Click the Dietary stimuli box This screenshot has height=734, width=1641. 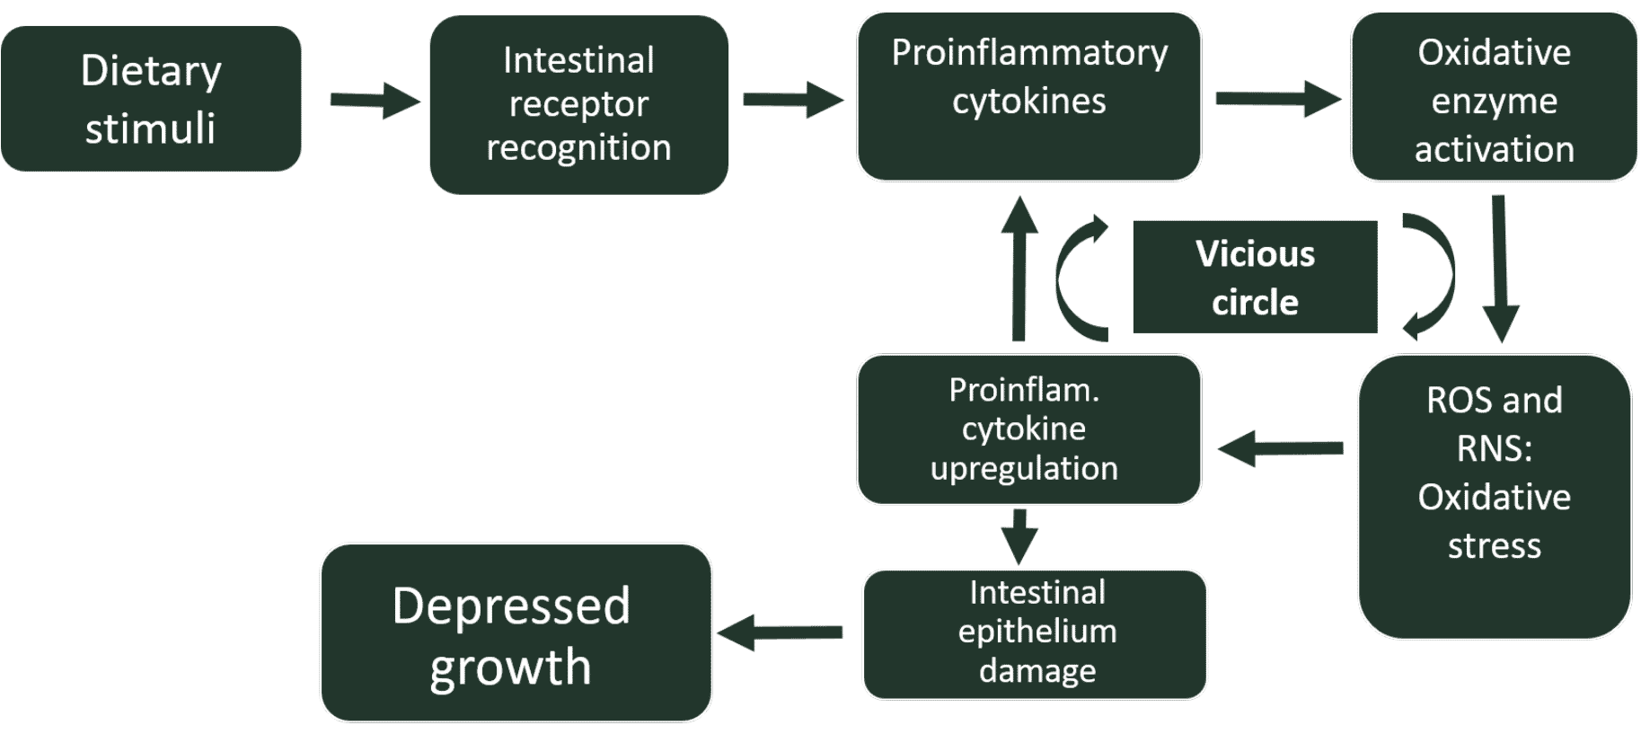coord(151,99)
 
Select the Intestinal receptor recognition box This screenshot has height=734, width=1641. coord(578,104)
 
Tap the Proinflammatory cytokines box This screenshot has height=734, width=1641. coord(1028,96)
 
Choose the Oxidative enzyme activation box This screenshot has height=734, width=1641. coord(1494,97)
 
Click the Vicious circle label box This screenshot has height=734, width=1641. coord(1254,277)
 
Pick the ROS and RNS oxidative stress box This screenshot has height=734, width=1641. coord(1494,496)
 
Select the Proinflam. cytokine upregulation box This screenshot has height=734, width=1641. coord(1028,429)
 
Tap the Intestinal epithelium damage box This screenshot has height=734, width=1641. coord(1035,633)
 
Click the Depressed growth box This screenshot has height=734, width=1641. coord(516,632)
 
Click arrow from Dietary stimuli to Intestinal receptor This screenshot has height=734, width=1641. coord(374,100)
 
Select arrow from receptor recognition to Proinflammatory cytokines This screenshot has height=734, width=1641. coord(792,99)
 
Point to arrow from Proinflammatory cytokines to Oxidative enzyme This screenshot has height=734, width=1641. coord(1276,98)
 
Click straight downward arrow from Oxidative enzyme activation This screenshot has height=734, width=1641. coord(1499,270)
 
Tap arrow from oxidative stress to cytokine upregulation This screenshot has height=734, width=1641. coord(1281,447)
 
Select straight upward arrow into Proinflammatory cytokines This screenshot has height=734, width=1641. coord(1019,270)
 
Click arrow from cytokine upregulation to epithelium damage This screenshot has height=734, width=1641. coord(1019,535)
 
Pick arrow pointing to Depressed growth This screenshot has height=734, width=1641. coord(780,632)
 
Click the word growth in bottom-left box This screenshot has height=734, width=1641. coord(510,668)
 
